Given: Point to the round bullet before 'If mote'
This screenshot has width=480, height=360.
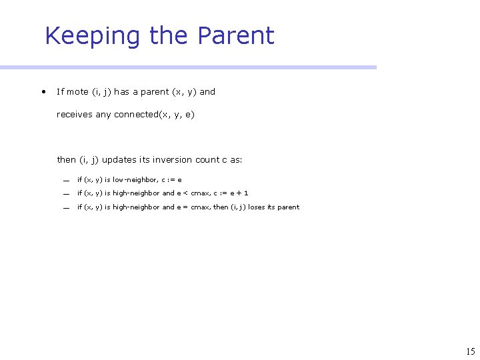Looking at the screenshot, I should click(43, 91).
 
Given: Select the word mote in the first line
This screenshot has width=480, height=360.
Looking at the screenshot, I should click(77, 92).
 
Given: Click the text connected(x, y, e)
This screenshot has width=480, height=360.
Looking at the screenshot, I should click(154, 115).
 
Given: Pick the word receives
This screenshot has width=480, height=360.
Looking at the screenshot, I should click(75, 115).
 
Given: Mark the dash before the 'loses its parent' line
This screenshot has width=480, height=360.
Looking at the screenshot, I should click(67, 208).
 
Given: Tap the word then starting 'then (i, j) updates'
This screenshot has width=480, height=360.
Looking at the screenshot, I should click(67, 160).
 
